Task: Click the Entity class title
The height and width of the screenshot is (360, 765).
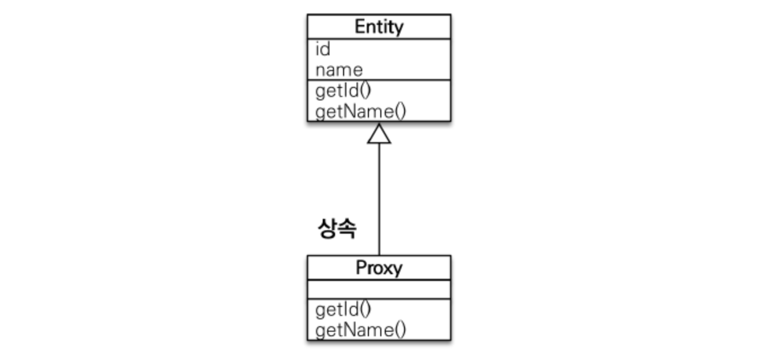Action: (x=379, y=27)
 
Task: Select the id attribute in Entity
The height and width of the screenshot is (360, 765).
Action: (x=323, y=49)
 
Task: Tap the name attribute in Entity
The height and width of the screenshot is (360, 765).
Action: (x=339, y=71)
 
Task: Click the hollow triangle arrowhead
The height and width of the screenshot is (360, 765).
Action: (x=379, y=134)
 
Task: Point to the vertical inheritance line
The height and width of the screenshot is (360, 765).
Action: (x=379, y=199)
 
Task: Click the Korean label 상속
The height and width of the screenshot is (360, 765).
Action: (x=337, y=228)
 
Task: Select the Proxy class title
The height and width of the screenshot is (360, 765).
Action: (x=379, y=268)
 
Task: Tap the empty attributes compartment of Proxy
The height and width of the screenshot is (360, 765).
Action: (x=379, y=289)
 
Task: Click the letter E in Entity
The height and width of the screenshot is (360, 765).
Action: (x=360, y=27)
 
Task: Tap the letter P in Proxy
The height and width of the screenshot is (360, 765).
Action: (x=361, y=267)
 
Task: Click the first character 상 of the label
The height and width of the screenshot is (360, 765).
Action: (x=328, y=228)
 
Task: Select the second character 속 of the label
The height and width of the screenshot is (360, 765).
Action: (x=348, y=228)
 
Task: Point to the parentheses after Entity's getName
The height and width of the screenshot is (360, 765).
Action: (x=401, y=112)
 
